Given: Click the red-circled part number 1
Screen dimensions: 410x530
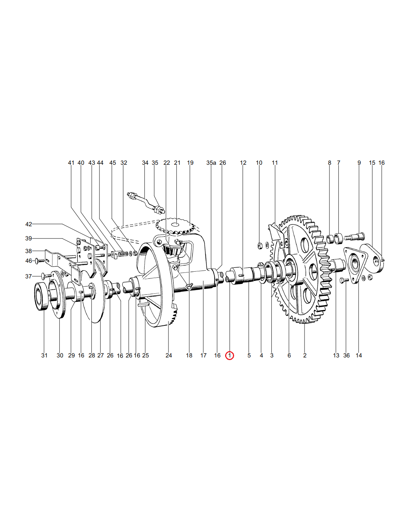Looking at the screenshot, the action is pyautogui.click(x=229, y=355).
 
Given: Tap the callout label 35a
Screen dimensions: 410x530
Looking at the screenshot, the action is pyautogui.click(x=211, y=163).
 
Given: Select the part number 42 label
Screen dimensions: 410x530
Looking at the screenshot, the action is pyautogui.click(x=29, y=224).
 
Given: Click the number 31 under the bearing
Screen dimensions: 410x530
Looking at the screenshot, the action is pyautogui.click(x=44, y=355).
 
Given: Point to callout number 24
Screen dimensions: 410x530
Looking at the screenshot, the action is pyautogui.click(x=169, y=355).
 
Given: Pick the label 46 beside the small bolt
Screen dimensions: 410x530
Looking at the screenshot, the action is pyautogui.click(x=29, y=261).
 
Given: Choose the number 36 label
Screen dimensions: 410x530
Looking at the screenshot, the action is pyautogui.click(x=346, y=355).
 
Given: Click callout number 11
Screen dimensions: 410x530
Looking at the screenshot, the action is pyautogui.click(x=275, y=163).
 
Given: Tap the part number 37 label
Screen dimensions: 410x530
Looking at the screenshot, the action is pyautogui.click(x=29, y=276).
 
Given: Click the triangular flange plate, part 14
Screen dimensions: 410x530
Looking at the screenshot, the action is pyautogui.click(x=354, y=265).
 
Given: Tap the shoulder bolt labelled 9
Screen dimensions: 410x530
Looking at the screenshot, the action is pyautogui.click(x=354, y=236).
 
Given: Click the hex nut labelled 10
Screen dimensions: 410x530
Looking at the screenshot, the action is pyautogui.click(x=260, y=246).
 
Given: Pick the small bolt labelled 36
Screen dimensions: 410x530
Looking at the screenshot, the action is pyautogui.click(x=344, y=281).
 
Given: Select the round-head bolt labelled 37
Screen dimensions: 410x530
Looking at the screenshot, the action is pyautogui.click(x=46, y=275).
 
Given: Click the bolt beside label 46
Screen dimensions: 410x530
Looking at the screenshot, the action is pyautogui.click(x=40, y=261).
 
